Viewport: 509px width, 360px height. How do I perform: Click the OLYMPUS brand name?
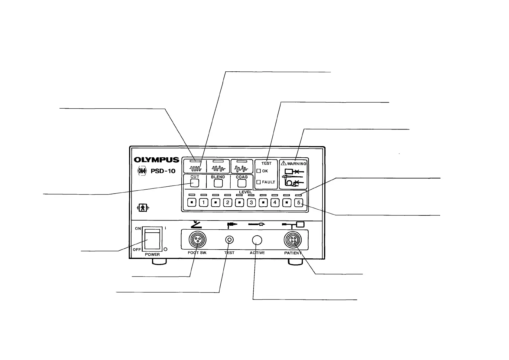click(x=157, y=160)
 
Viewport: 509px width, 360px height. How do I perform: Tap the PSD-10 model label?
click(x=163, y=171)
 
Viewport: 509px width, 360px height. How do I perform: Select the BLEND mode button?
click(x=218, y=183)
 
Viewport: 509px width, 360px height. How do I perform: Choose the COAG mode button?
click(x=242, y=183)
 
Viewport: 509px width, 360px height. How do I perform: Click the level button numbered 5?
click(x=299, y=203)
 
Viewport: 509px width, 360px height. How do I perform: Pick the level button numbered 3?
click(x=251, y=203)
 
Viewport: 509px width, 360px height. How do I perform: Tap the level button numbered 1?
click(x=204, y=203)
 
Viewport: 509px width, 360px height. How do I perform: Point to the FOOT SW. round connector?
click(x=197, y=240)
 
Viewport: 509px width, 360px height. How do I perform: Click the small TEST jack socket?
click(x=229, y=240)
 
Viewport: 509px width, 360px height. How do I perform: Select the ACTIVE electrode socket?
click(x=257, y=240)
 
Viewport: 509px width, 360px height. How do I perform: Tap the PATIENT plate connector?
click(x=293, y=240)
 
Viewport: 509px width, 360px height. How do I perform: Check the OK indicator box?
click(x=258, y=171)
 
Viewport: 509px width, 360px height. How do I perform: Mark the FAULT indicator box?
click(x=258, y=182)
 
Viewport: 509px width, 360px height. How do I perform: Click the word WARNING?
click(x=296, y=164)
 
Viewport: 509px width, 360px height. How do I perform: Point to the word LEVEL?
click(x=245, y=192)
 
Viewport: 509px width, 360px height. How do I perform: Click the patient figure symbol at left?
click(x=143, y=208)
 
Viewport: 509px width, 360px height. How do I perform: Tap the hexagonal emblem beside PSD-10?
click(x=142, y=171)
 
